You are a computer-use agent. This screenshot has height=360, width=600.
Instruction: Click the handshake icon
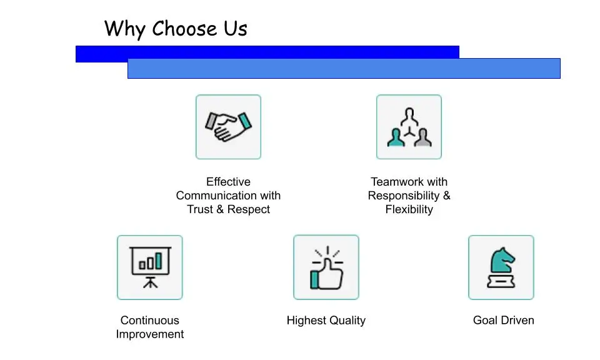pyautogui.click(x=228, y=127)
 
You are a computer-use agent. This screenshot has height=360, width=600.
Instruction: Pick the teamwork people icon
pyautogui.click(x=409, y=127)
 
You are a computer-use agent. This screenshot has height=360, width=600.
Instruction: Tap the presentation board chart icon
pyautogui.click(x=150, y=267)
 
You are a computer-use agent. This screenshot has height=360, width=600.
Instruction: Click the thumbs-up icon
pyautogui.click(x=326, y=267)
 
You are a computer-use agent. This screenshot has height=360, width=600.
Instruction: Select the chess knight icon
pyautogui.click(x=501, y=267)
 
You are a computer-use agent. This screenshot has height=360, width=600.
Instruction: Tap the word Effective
pyautogui.click(x=228, y=182)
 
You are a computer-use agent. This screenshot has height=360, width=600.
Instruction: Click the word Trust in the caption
pyautogui.click(x=200, y=209)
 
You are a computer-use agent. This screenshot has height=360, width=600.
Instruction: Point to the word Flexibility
pyautogui.click(x=409, y=209)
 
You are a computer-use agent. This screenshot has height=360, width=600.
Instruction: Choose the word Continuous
pyautogui.click(x=150, y=321)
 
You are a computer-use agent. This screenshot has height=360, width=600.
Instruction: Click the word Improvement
pyautogui.click(x=150, y=334)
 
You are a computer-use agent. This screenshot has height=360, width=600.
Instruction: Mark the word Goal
pyautogui.click(x=485, y=321)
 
